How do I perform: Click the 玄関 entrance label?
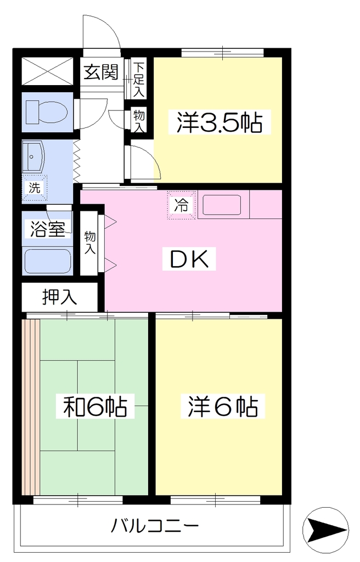101,72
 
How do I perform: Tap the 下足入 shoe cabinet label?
139,80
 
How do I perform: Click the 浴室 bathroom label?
48,229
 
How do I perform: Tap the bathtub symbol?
48,261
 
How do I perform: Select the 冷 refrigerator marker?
182,205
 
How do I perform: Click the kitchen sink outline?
222,205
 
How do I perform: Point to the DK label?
189,259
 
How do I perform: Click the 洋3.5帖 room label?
219,122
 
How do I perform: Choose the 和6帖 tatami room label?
95,406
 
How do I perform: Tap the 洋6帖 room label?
223,406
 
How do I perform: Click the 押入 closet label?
59,297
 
